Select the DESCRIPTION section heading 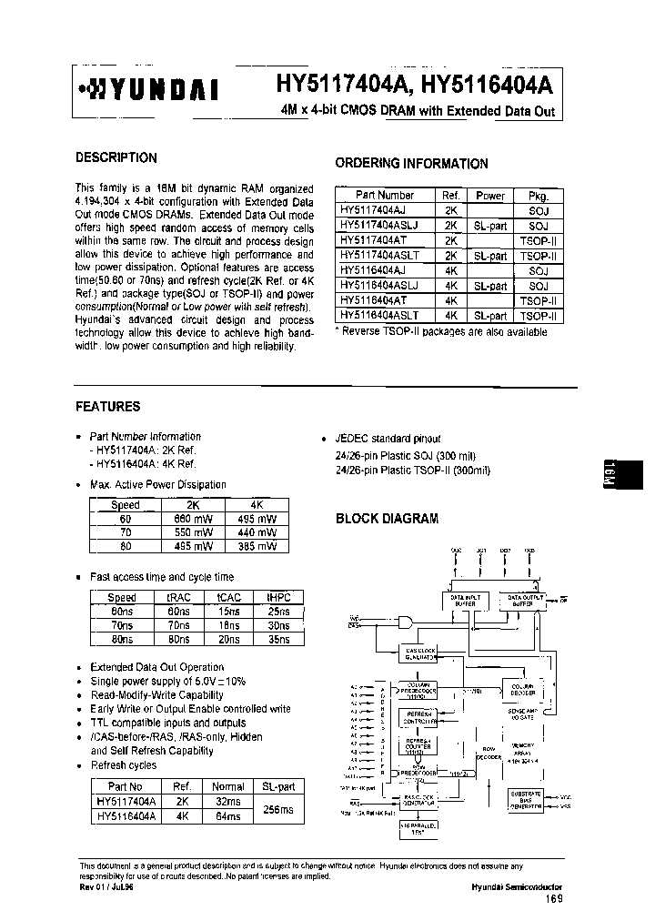[x=116, y=157]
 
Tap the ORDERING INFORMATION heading [x=411, y=164]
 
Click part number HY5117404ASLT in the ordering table [x=378, y=256]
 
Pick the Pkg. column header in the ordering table [x=538, y=195]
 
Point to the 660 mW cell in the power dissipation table [x=193, y=518]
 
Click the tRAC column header [x=178, y=598]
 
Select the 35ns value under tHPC [x=278, y=640]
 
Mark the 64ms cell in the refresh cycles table [x=227, y=817]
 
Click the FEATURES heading [x=107, y=407]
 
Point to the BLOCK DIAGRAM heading [x=388, y=519]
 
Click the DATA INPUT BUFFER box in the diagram [x=467, y=600]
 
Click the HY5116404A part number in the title [x=487, y=86]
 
